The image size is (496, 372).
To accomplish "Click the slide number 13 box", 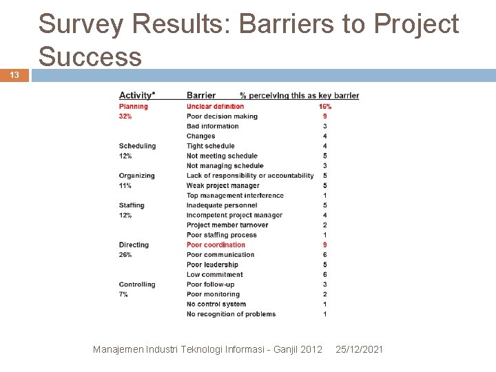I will [14, 75].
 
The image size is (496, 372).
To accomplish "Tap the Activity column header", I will [136, 95].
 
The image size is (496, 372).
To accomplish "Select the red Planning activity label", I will [133, 106].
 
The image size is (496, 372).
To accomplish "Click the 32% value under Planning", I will [125, 116].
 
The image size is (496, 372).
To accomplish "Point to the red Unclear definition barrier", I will [215, 106].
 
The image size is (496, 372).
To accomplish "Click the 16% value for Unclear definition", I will [324, 106].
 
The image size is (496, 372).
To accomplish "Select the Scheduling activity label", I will [137, 146].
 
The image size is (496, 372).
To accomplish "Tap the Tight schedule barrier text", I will [210, 146].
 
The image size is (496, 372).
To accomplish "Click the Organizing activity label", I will [136, 176].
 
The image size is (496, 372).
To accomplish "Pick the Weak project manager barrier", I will [223, 185].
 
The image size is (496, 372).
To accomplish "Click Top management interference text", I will [235, 196].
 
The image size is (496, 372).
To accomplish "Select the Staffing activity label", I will [132, 205].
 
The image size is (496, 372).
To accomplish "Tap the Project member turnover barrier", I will [227, 225].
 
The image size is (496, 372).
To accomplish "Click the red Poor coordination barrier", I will [216, 245].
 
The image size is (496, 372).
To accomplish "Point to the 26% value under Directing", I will [125, 255].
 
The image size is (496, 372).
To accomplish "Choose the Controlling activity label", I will [136, 285].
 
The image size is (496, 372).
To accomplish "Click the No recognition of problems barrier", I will [231, 314].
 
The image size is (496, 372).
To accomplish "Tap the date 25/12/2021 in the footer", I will [359, 349].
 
